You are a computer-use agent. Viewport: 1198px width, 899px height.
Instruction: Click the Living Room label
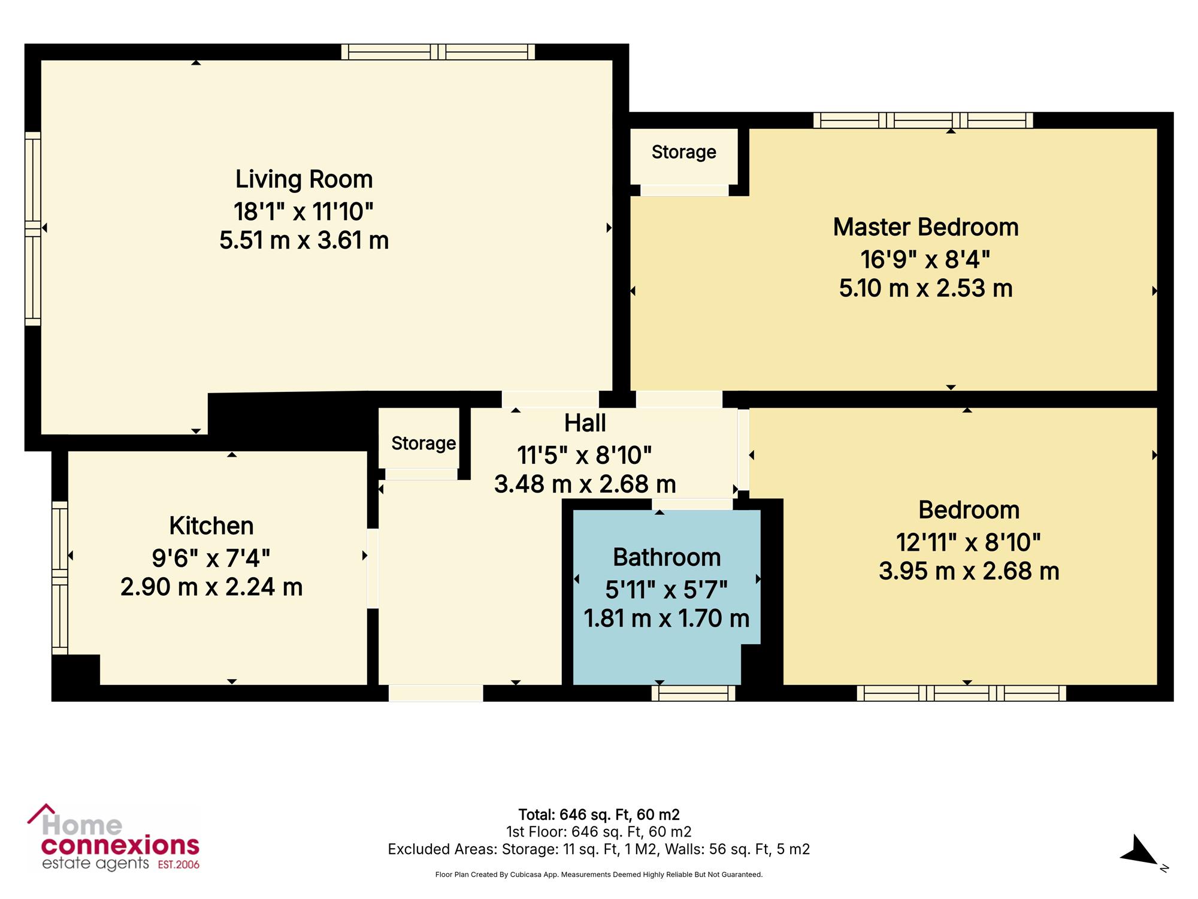(304, 179)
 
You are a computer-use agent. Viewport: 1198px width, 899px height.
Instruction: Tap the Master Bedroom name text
(925, 227)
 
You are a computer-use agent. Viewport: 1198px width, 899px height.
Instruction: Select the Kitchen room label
(211, 526)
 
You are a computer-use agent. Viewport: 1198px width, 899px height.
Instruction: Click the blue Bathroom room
(666, 597)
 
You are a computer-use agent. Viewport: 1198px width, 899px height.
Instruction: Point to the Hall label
(585, 423)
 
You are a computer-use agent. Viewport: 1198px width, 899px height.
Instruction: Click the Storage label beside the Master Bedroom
(683, 152)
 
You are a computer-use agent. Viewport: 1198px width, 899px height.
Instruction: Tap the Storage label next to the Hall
(423, 444)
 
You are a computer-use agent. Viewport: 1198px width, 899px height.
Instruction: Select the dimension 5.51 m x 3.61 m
(304, 240)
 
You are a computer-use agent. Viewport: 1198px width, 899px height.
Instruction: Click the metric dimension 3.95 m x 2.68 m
(969, 571)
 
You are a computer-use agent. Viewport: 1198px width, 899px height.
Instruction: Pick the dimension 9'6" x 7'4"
(211, 558)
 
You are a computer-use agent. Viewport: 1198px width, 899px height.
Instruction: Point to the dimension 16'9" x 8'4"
(925, 260)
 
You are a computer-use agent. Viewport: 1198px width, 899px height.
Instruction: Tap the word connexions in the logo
(120, 846)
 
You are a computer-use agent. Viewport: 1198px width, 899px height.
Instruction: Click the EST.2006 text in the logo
(179, 864)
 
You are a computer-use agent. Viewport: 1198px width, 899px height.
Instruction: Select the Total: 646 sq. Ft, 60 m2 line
(599, 814)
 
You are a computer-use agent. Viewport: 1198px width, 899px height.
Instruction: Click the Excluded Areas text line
(599, 849)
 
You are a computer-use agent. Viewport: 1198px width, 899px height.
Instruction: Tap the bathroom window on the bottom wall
(693, 693)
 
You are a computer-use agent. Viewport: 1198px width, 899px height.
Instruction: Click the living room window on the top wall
(438, 52)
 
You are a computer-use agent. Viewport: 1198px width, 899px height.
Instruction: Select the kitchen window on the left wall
(60, 577)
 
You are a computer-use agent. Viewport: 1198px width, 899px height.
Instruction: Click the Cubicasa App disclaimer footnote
(599, 875)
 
